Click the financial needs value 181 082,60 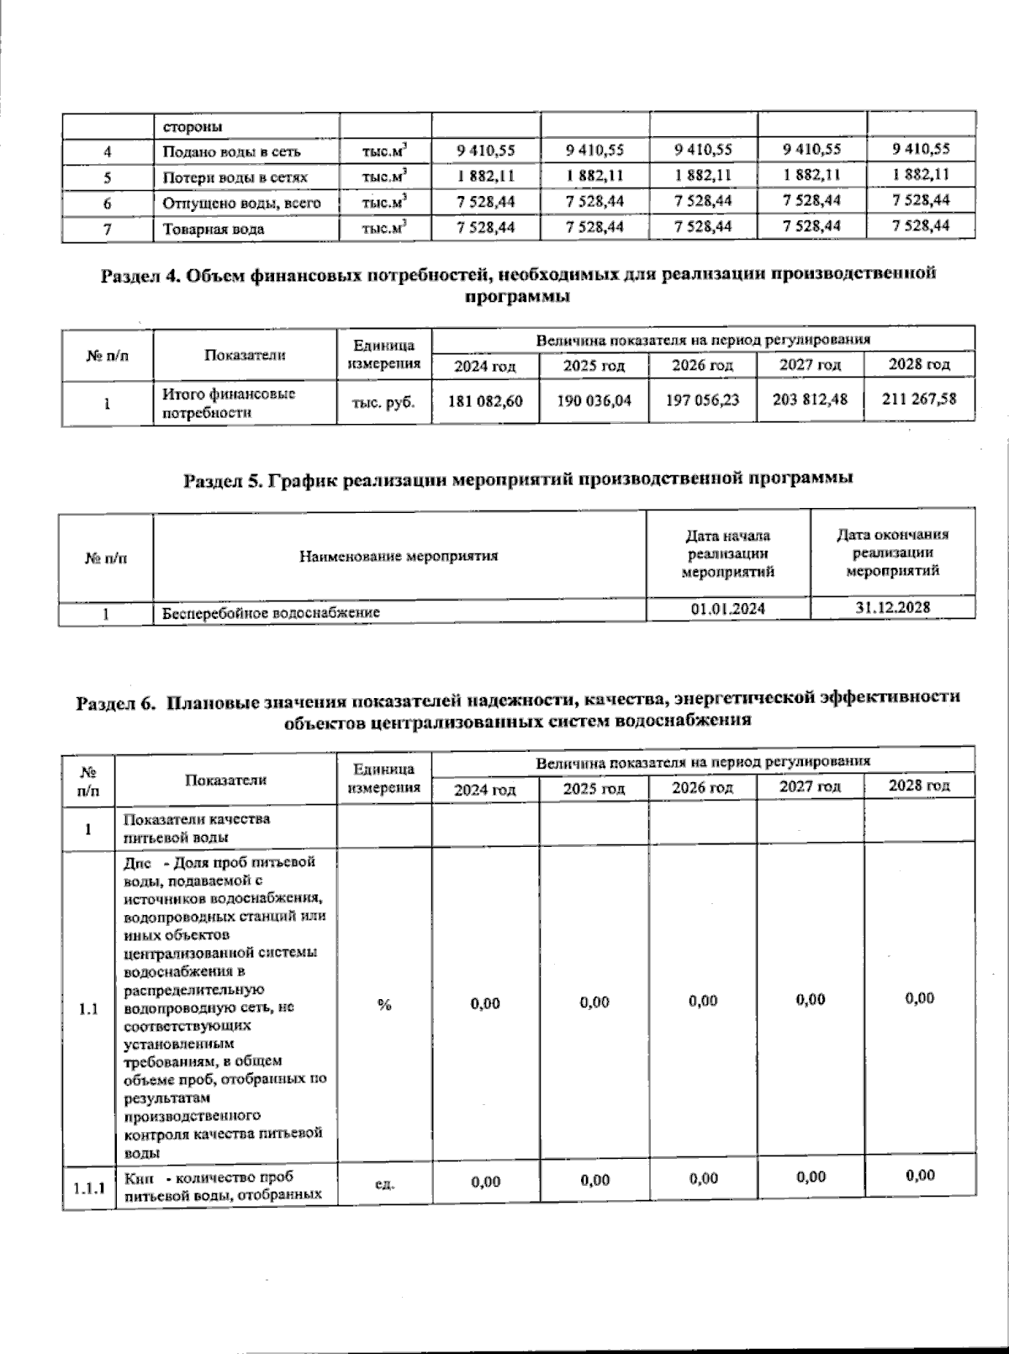click(485, 401)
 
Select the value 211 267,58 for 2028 click(920, 399)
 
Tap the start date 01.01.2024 click(728, 609)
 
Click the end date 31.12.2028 click(892, 607)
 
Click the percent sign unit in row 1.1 click(384, 1004)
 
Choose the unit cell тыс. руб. click(383, 403)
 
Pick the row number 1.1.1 click(87, 1188)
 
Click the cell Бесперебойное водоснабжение click(270, 613)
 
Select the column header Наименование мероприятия click(399, 556)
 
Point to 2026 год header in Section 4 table click(702, 366)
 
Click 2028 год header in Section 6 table click(919, 785)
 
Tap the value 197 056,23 click(702, 400)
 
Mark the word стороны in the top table click(193, 127)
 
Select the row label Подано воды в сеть click(231, 152)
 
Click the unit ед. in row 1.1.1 click(383, 1183)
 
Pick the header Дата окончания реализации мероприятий click(892, 552)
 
